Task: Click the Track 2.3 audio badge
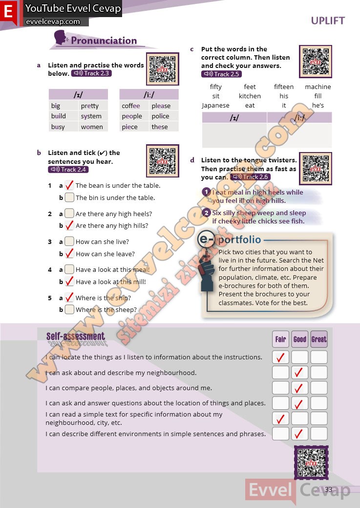click(91, 73)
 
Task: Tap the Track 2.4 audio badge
click(68, 170)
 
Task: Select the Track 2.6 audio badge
click(250, 177)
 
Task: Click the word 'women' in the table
click(92, 127)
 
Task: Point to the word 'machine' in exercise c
click(318, 87)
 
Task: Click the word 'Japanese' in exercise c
click(215, 105)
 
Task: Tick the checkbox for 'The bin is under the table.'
click(69, 198)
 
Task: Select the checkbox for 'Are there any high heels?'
click(69, 214)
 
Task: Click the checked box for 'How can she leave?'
click(69, 254)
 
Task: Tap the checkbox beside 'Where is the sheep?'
click(69, 309)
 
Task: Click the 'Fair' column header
click(280, 339)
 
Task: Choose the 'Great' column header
click(319, 339)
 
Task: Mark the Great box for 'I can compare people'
click(319, 388)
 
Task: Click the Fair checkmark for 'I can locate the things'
click(280, 357)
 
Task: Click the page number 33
click(328, 490)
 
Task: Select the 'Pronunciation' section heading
click(104, 41)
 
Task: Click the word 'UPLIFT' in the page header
click(328, 21)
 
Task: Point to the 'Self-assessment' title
click(76, 336)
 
